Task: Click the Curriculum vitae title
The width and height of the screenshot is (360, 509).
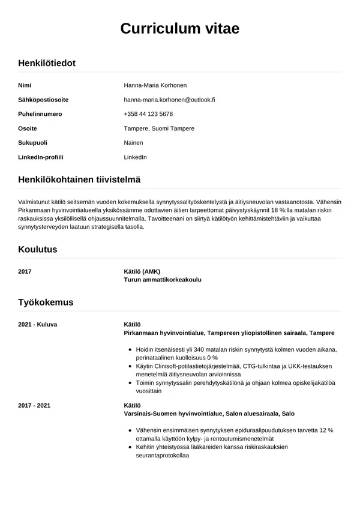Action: tap(180, 28)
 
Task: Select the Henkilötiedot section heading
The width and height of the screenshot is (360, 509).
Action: tap(47, 62)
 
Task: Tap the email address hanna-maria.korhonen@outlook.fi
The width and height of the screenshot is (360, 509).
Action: tap(169, 100)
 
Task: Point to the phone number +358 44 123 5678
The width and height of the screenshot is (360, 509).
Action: tap(148, 114)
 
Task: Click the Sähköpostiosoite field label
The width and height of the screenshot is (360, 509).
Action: tap(43, 100)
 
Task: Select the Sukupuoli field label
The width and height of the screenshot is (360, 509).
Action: tap(33, 143)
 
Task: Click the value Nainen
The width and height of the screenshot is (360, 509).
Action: tap(133, 143)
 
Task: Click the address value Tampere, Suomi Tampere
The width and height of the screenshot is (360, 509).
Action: tap(159, 128)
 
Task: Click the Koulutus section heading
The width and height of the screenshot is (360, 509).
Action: tap(38, 248)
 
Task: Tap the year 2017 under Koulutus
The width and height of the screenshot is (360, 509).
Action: tap(25, 271)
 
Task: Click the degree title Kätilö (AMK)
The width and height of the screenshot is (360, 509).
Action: tap(142, 271)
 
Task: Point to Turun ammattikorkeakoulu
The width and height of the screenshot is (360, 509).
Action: tap(162, 280)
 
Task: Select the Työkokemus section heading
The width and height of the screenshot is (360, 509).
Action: tap(46, 302)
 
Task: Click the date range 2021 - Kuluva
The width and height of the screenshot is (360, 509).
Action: tap(38, 324)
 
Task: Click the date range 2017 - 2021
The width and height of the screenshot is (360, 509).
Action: tap(35, 405)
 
